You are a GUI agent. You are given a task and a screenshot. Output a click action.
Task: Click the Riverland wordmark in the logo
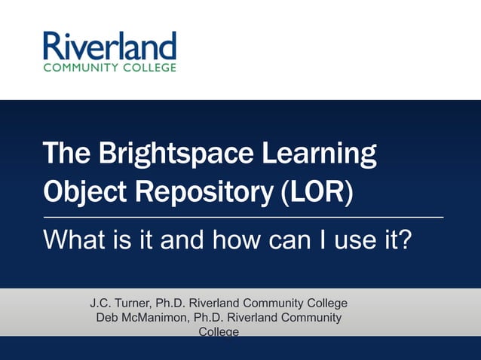tap(109, 47)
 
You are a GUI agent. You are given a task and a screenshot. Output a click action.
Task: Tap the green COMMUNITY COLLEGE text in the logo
tap(109, 67)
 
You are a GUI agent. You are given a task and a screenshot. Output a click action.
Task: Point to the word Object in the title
tap(82, 192)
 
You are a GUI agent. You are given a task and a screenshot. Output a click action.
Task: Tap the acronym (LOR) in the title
tap(316, 191)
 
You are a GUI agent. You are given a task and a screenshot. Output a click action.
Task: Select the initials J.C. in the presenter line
tap(102, 304)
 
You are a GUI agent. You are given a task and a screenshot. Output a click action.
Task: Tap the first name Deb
tap(107, 318)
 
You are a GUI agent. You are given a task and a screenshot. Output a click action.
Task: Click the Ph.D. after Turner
tap(171, 304)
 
